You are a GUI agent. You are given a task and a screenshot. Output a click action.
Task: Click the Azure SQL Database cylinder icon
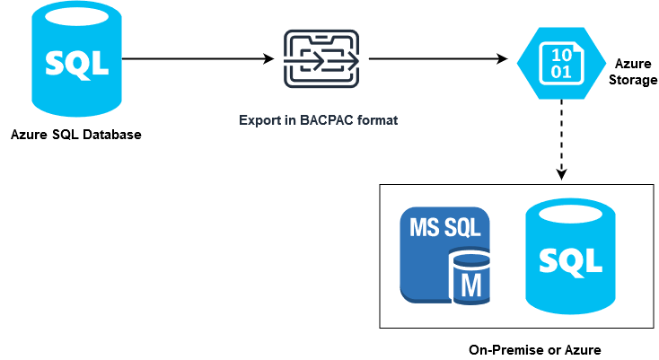pos(77,61)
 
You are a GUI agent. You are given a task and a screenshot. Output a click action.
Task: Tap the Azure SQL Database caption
pos(76,136)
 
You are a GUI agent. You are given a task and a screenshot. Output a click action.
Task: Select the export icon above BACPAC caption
pos(321,58)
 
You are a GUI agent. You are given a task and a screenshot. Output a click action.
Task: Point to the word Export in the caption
pos(260,119)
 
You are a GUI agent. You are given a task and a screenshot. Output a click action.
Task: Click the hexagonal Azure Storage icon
pos(561,60)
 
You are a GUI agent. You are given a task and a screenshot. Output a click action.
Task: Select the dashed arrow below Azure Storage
pos(561,135)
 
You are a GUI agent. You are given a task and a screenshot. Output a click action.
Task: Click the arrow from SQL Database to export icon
pos(198,59)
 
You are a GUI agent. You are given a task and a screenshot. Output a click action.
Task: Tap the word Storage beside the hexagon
pos(634,80)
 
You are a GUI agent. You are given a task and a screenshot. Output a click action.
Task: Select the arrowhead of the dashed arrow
pos(561,172)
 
